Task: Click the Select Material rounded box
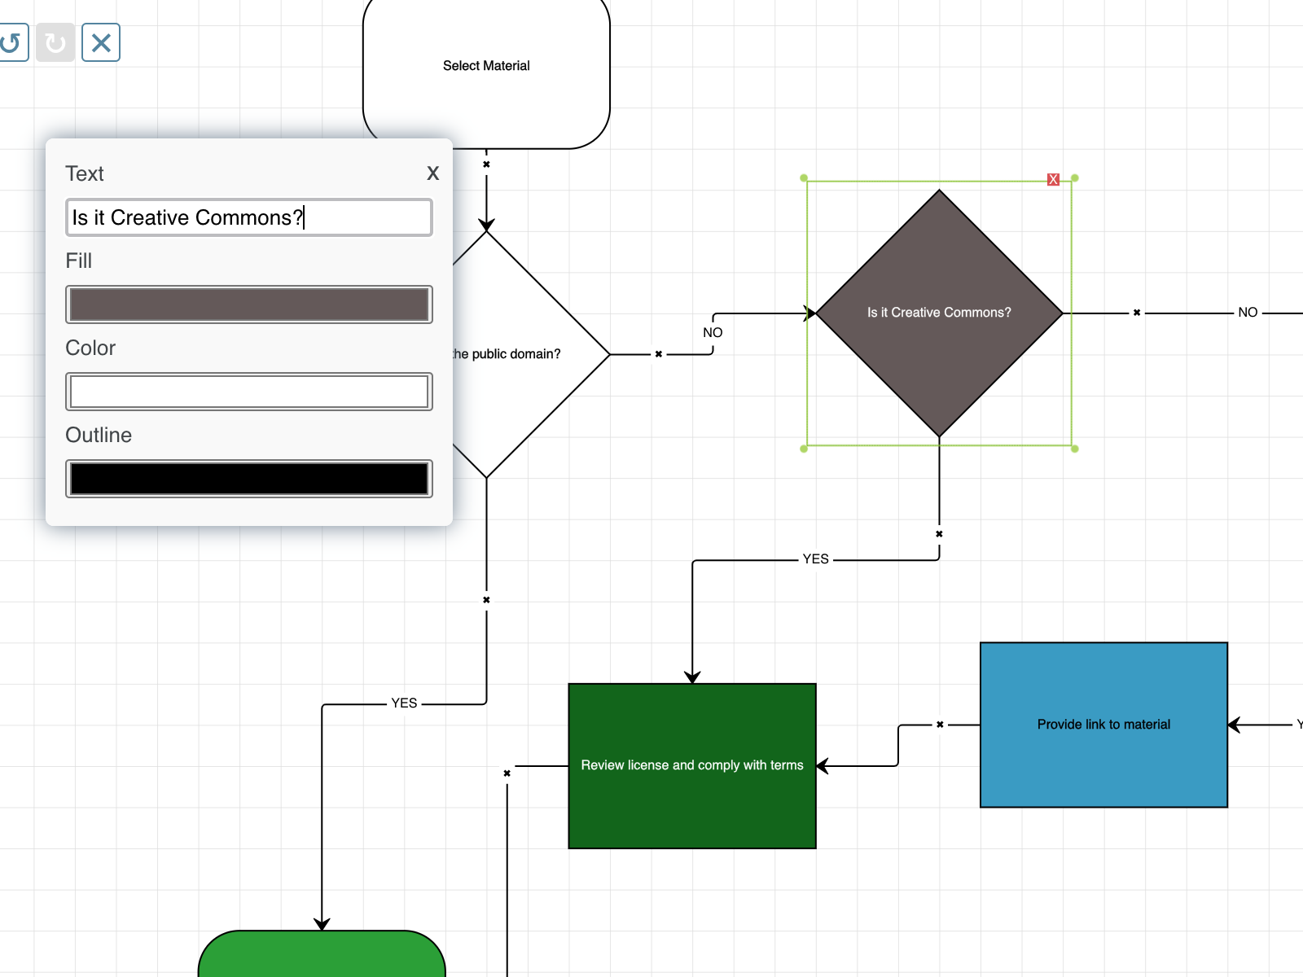pos(486,66)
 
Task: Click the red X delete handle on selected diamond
pos(1053,179)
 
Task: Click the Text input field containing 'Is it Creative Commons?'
pos(248,217)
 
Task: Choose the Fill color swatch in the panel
pos(248,304)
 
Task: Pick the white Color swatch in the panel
pos(248,392)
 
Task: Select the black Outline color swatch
pos(248,479)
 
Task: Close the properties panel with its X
pos(432,173)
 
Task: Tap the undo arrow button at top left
pos(11,42)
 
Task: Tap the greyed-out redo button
pos(55,42)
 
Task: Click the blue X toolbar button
pos(101,42)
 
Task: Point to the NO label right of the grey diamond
pos(1247,313)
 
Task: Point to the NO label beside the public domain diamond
pos(713,333)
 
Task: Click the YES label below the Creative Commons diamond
pos(815,559)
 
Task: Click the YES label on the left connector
pos(404,703)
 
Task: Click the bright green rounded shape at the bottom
pos(322,957)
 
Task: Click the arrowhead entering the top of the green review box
pos(692,677)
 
